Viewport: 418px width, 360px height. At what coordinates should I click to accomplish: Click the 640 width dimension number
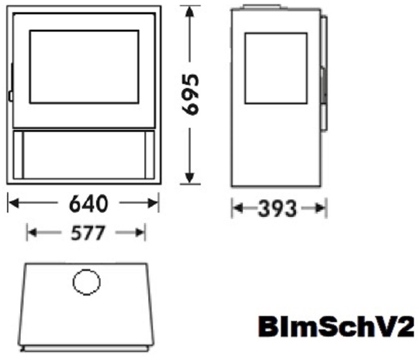coord(89,204)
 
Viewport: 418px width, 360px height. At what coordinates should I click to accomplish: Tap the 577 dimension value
coord(88,233)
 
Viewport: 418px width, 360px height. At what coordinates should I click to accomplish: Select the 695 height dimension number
coord(190,94)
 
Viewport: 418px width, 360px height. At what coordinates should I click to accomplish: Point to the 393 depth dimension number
coord(277,208)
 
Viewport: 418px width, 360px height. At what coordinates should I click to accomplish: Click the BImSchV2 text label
coord(336,327)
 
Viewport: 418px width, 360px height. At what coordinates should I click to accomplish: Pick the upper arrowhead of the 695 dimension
coord(189,12)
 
